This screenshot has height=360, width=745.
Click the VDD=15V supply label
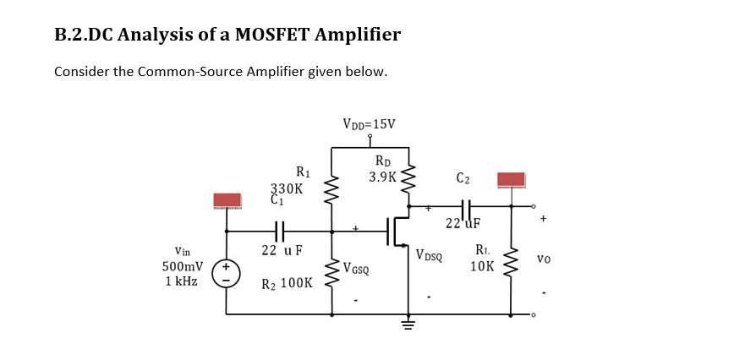(x=369, y=124)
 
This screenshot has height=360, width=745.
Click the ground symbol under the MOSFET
(x=410, y=326)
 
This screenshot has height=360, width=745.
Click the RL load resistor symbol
(x=512, y=259)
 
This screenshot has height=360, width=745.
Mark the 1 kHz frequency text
(x=181, y=281)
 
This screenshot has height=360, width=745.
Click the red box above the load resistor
(x=511, y=180)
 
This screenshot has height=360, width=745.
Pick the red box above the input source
(x=227, y=200)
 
